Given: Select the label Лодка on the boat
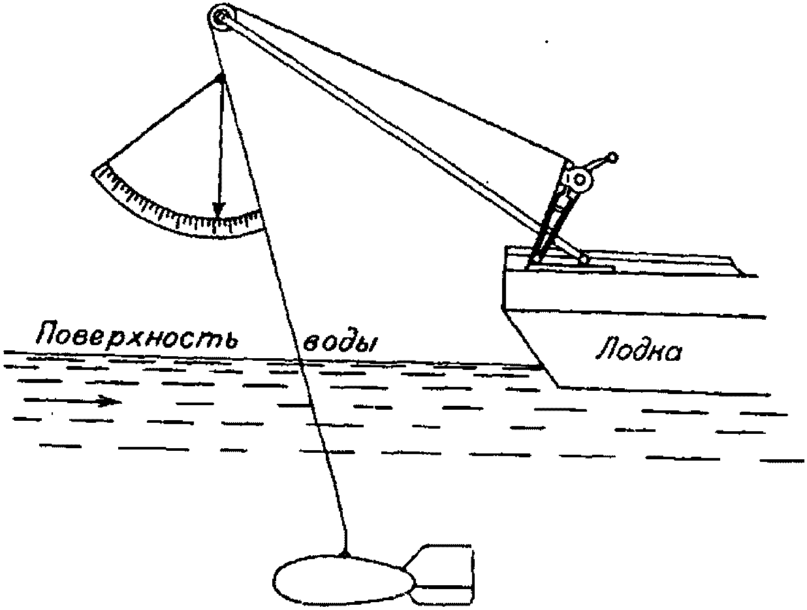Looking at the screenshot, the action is click(x=638, y=352).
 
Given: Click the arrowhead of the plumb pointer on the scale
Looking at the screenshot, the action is click(x=219, y=209).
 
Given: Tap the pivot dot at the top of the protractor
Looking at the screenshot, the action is click(x=221, y=78).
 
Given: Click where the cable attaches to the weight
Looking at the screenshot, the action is click(x=347, y=555).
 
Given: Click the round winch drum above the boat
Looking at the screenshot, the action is click(x=580, y=179).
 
